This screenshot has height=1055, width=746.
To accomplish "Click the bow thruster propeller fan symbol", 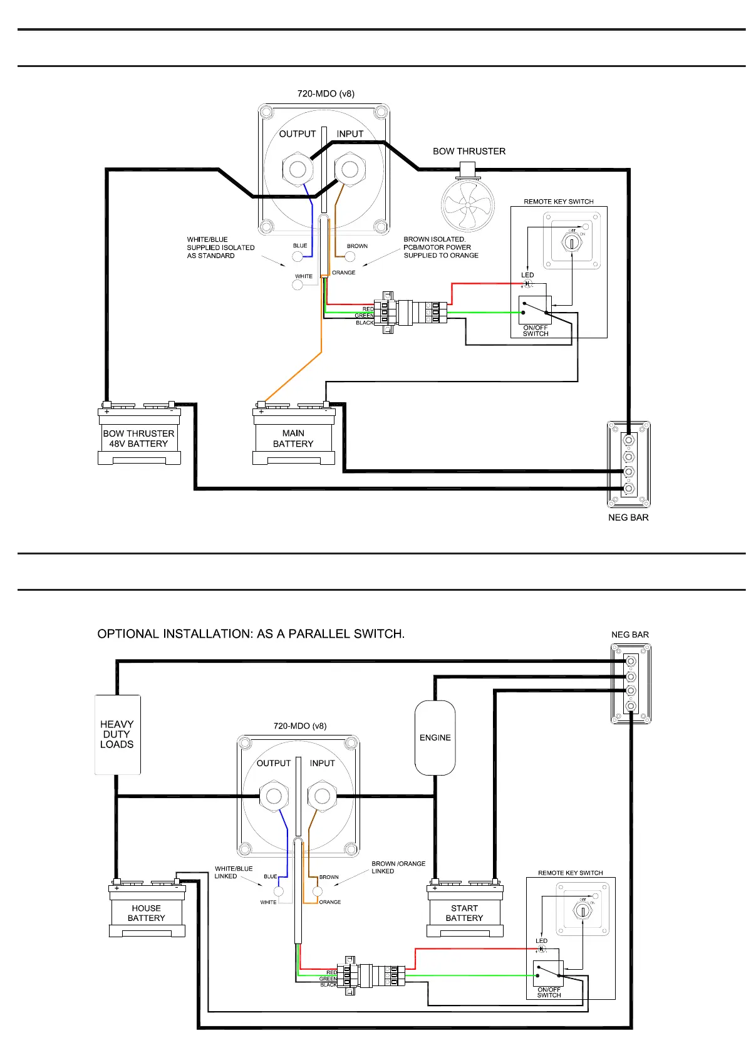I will [x=467, y=205].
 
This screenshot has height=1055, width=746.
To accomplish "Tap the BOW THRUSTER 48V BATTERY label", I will [x=138, y=439].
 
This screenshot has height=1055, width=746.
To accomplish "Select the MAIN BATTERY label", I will [x=293, y=439].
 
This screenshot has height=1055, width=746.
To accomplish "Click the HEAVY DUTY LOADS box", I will [x=117, y=734].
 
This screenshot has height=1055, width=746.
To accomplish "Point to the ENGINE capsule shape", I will [x=435, y=737].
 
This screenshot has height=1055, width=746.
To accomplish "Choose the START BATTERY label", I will [x=464, y=913].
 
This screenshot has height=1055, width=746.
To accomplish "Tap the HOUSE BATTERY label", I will [x=146, y=913].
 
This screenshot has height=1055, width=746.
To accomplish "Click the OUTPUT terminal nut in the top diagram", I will [x=298, y=169].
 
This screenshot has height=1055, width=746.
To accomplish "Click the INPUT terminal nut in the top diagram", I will [x=350, y=169].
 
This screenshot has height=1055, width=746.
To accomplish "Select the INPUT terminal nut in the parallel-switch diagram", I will [x=322, y=796].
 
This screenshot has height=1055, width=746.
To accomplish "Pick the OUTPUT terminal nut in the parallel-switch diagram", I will [x=274, y=796].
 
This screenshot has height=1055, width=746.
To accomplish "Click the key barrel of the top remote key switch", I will [x=572, y=244].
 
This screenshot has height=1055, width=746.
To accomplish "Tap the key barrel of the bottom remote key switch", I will [x=583, y=910].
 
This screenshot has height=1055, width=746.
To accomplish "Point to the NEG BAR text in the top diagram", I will [x=628, y=517].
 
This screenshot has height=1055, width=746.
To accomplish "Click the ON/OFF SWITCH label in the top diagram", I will [x=536, y=331].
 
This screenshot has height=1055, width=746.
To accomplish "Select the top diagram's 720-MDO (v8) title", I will [x=326, y=94].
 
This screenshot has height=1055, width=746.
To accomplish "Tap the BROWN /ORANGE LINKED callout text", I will [x=398, y=867].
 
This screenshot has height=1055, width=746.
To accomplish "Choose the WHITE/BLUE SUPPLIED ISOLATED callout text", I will [x=220, y=247].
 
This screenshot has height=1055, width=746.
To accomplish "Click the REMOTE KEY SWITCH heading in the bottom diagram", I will [x=570, y=873].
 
